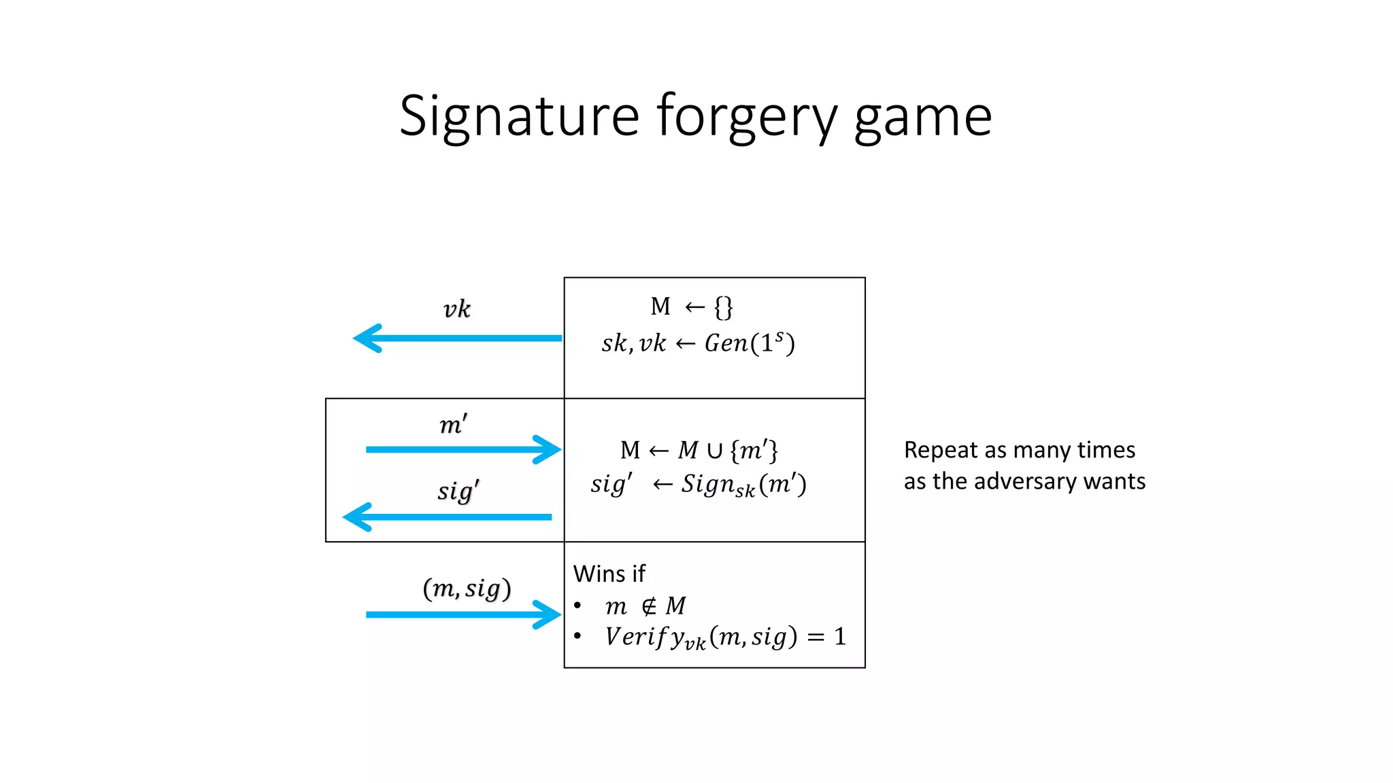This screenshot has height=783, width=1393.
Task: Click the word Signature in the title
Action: pos(519,117)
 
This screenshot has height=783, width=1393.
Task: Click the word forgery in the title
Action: pos(746,117)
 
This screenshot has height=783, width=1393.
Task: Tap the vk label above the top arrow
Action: pos(456,309)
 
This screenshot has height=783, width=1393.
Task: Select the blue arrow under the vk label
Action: pos(457,338)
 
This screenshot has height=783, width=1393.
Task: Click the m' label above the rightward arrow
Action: pos(453,425)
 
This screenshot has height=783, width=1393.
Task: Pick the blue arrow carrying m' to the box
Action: pos(463,449)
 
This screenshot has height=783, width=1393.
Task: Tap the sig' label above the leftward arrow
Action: pos(458,491)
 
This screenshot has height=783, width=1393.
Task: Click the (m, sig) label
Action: pos(467,588)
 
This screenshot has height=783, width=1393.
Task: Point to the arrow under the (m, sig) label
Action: pos(463,614)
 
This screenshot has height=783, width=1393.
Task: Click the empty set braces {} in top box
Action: pos(723,307)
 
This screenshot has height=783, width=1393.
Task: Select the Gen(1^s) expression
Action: pos(749,343)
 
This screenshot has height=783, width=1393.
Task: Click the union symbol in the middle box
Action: pos(714,451)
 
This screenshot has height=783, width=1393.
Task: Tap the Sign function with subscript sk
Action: pos(718,485)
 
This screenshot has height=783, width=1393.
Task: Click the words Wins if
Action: pos(609,574)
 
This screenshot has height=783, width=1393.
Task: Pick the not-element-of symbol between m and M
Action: pos(650,606)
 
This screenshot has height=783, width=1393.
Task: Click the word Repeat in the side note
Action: pos(941,451)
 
